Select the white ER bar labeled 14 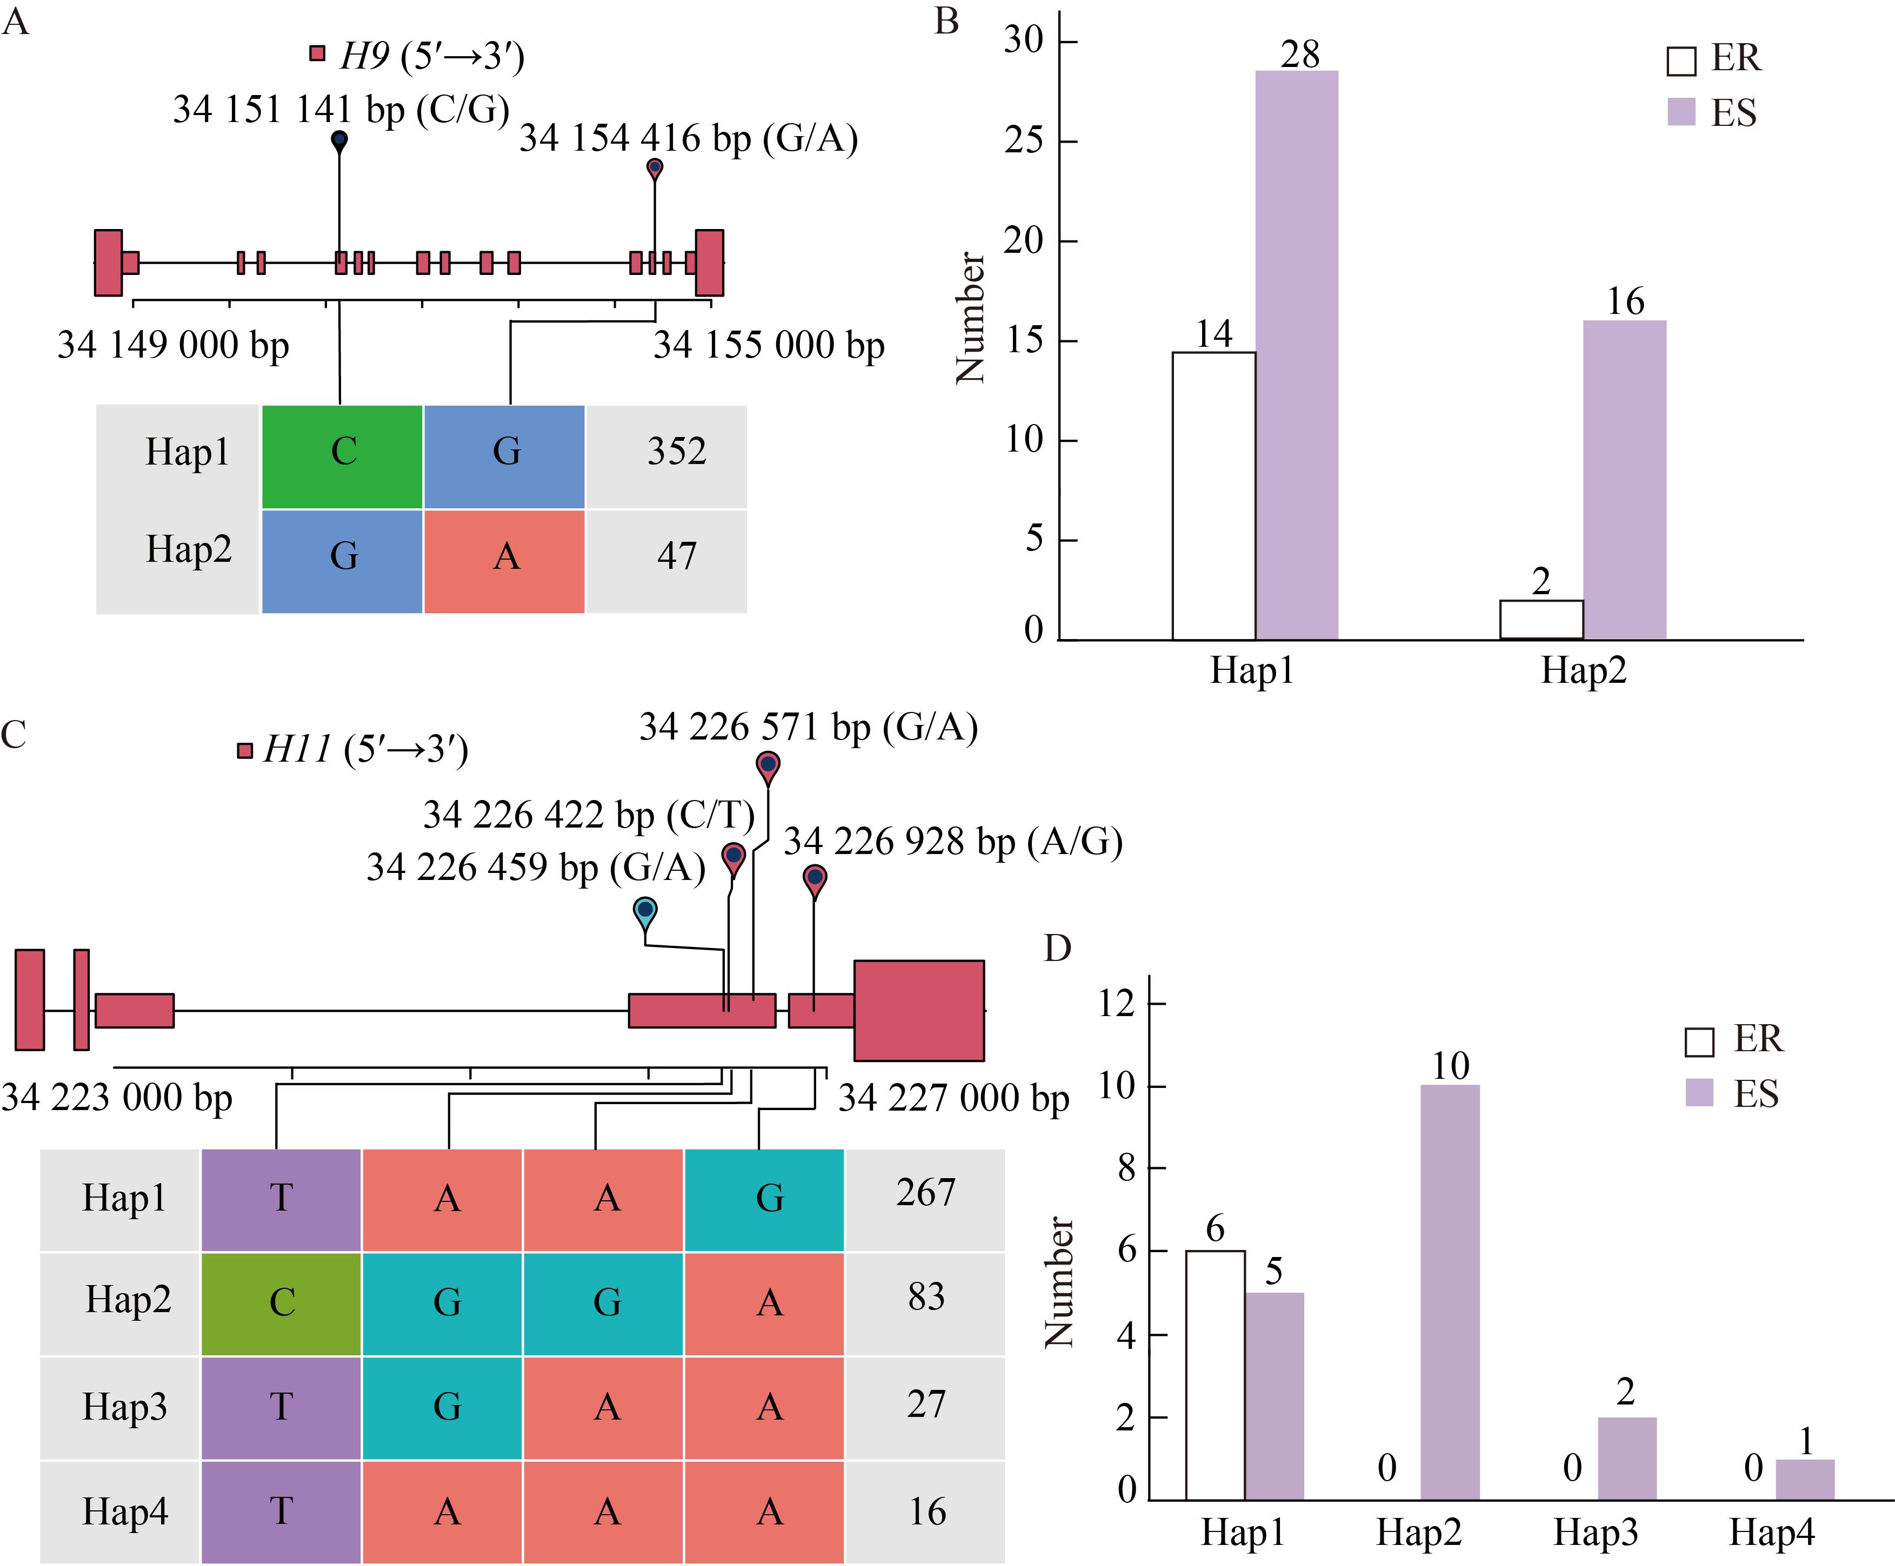[x=1214, y=495]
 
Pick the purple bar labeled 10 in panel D [x=1450, y=1292]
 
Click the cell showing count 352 [x=676, y=452]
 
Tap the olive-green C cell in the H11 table [x=282, y=1302]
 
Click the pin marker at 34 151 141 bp [x=339, y=142]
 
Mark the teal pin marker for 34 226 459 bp [x=645, y=911]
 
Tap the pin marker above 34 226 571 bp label [x=768, y=766]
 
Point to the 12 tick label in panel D [x=1116, y=1003]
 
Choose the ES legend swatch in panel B [x=1681, y=113]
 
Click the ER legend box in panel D [x=1699, y=1042]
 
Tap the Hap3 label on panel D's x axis [x=1594, y=1533]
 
